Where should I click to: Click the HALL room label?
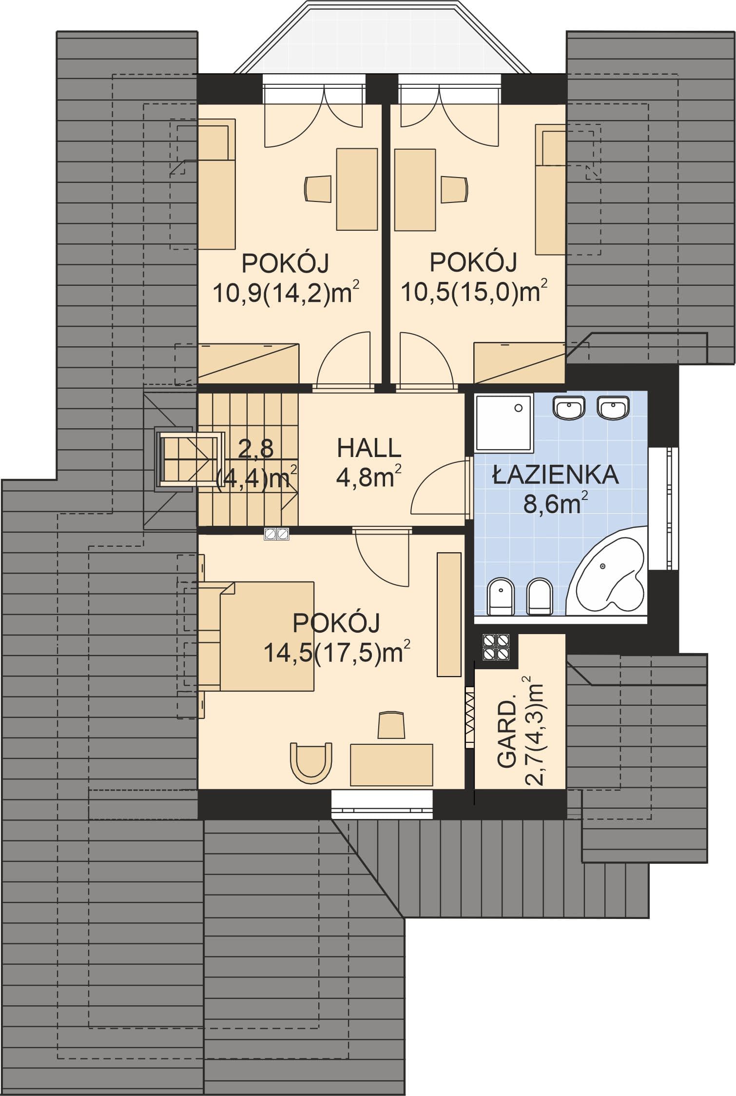coord(369,448)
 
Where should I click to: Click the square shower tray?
coord(504,422)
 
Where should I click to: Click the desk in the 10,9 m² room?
coord(357,189)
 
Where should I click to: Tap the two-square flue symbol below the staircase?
coord(277,534)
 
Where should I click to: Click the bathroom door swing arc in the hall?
coord(435,486)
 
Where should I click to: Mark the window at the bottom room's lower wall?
coord(382,804)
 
